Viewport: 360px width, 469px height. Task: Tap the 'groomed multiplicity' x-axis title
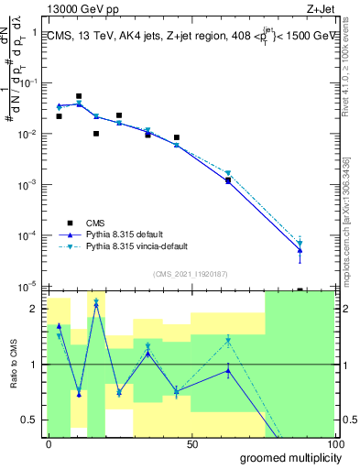(287, 457)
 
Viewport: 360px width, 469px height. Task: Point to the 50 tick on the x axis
(191, 444)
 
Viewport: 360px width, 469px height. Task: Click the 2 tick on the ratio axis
(34, 309)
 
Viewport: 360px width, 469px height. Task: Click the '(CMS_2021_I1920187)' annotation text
(191, 272)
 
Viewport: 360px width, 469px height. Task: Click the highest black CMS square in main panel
(79, 96)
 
